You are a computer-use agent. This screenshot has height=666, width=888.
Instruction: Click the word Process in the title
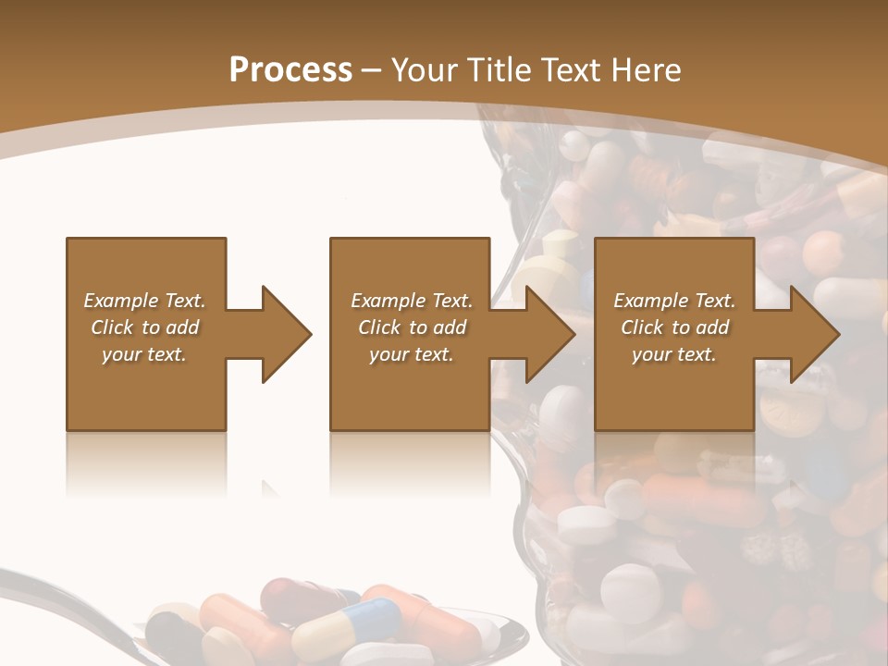(x=290, y=70)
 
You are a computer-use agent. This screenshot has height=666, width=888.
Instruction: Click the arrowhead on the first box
(x=285, y=334)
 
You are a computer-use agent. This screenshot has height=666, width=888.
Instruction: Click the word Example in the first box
(x=120, y=301)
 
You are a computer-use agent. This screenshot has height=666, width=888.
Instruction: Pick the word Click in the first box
(x=113, y=327)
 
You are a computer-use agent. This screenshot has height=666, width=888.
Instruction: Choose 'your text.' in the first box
(x=144, y=354)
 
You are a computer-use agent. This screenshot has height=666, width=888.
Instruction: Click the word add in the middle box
(x=450, y=327)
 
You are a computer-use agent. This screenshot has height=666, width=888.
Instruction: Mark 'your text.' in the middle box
(x=412, y=354)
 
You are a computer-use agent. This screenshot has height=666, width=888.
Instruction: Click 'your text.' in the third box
(x=674, y=354)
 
